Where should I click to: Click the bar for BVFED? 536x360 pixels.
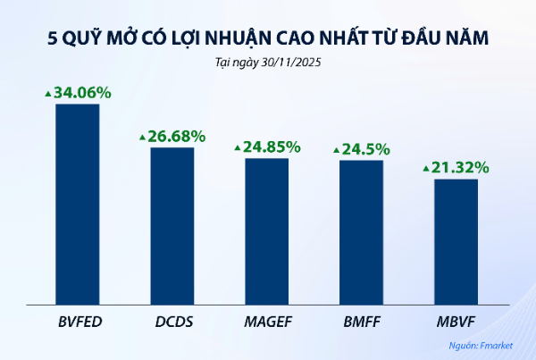point(78,203)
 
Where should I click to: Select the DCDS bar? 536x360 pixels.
point(172,224)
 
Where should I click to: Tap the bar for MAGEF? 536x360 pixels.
point(267,230)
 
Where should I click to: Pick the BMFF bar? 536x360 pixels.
point(361,230)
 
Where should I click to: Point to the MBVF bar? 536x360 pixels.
point(456,240)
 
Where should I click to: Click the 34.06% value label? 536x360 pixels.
point(81,92)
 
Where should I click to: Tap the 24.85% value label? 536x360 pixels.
point(271,147)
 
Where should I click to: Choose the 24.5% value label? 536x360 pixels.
point(365,148)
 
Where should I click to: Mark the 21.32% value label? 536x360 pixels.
point(460,167)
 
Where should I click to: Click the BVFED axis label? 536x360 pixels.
point(78,319)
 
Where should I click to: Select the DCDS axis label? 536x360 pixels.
point(172,319)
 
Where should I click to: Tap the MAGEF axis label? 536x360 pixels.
point(267,319)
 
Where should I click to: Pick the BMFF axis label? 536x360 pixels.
point(361,319)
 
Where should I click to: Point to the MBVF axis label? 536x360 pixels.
point(456,319)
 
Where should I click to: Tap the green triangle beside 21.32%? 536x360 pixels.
point(425,168)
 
